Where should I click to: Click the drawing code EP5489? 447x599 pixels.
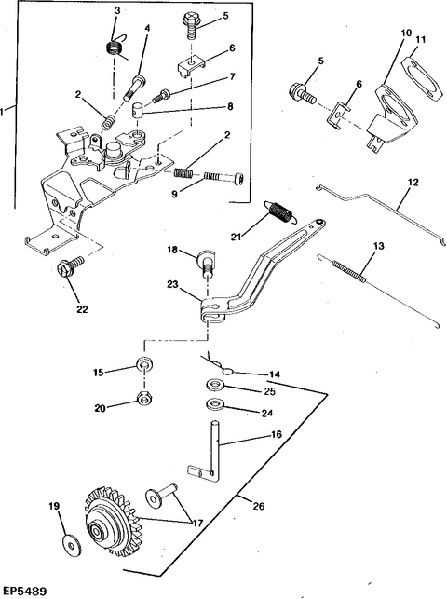click(23, 591)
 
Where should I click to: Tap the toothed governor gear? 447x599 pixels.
click(111, 522)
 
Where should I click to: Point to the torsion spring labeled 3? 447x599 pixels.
click(115, 47)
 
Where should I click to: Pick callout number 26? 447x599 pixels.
click(259, 506)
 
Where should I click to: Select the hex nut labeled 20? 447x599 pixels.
click(143, 400)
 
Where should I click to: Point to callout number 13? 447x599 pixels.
click(378, 246)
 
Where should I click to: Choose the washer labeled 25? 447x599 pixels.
click(214, 385)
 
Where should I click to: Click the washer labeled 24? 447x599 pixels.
click(214, 403)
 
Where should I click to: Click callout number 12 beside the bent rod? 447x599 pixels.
click(413, 183)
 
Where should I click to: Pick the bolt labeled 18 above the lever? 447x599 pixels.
click(205, 264)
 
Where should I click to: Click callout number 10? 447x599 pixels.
click(406, 34)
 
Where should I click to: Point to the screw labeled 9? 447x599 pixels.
click(224, 178)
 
